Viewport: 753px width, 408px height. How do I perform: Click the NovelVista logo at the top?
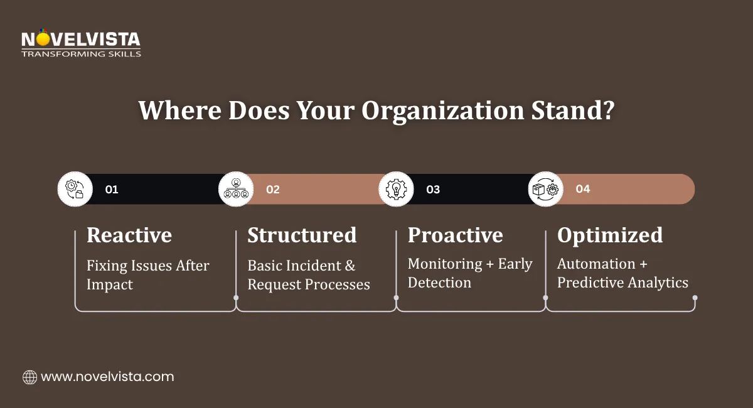point(81,43)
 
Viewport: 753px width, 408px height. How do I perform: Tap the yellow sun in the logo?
point(43,39)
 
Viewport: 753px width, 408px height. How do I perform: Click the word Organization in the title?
point(443,111)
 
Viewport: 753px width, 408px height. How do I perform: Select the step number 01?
point(112,190)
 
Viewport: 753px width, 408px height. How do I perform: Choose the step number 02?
point(272,190)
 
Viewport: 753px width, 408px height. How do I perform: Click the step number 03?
point(433,190)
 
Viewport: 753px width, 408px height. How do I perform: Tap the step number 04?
point(582,189)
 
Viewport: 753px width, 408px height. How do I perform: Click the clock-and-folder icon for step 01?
point(75,189)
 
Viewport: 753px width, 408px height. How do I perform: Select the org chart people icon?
point(236,189)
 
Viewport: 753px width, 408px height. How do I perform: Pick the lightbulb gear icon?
point(397,189)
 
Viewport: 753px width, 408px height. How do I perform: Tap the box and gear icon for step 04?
point(545,189)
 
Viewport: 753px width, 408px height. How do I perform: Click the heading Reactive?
point(129,235)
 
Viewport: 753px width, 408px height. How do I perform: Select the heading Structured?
point(302,235)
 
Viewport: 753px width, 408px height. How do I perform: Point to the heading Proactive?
point(456,235)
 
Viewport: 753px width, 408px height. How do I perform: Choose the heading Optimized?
point(610,235)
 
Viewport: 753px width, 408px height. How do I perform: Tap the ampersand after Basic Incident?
point(350,266)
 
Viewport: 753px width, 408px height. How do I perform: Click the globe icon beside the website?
point(29,377)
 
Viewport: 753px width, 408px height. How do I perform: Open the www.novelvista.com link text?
point(107,377)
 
